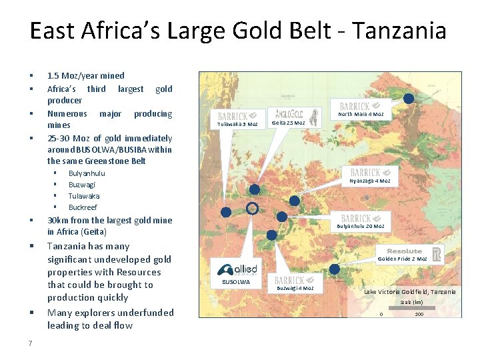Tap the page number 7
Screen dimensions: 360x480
[31, 343]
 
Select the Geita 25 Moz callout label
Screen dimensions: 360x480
[289, 123]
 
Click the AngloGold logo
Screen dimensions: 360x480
[289, 113]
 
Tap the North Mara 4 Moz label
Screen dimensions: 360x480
[361, 114]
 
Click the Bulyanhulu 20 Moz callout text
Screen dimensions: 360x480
[361, 226]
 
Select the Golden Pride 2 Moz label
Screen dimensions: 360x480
[402, 259]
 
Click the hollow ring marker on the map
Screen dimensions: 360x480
[251, 208]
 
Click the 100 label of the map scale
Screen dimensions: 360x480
[419, 315]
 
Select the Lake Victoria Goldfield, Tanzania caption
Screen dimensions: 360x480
[410, 292]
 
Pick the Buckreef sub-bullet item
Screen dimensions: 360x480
[83, 207]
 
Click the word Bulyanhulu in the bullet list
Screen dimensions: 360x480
[87, 173]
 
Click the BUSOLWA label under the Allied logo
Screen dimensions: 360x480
[235, 282]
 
